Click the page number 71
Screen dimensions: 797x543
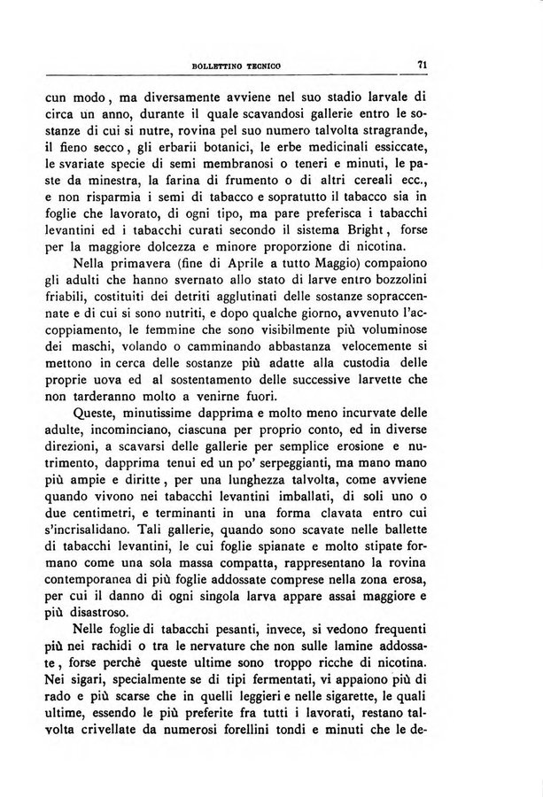coord(423,63)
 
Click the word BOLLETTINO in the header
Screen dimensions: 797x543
coord(230,65)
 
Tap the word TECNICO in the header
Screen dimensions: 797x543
coord(283,65)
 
